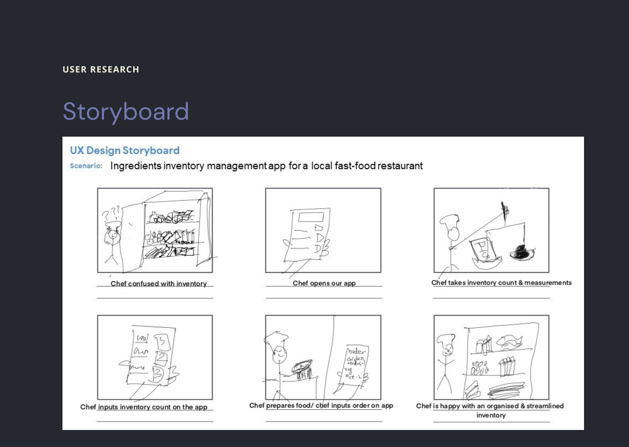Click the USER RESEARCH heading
101,69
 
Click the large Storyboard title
126,111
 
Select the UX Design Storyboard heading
124,151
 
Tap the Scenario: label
86,166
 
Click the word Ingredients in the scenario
136,166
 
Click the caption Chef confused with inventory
159,284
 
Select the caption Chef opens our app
324,283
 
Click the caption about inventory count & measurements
501,283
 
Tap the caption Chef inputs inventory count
144,407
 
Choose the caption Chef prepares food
321,406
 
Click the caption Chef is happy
490,406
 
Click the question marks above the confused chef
111,213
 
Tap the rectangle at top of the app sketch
311,217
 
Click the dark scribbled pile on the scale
521,252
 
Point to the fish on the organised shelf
508,341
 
